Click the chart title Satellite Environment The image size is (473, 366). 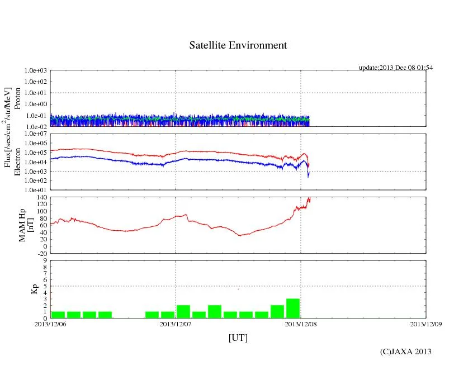(x=238, y=45)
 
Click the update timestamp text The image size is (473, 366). (x=395, y=68)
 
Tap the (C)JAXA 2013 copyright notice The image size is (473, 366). (x=405, y=351)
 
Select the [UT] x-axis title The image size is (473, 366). (x=238, y=338)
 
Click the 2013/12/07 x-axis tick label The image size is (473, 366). (x=176, y=324)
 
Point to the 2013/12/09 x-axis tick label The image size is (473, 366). (x=426, y=324)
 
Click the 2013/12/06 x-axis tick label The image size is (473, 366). (x=50, y=324)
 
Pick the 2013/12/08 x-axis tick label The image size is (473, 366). (x=301, y=324)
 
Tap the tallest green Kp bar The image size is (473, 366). (x=293, y=308)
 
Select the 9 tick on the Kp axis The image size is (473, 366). (x=45, y=260)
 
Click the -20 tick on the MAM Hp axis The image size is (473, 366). (x=40, y=253)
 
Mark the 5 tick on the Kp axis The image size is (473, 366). (x=45, y=286)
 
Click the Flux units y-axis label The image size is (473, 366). (x=8, y=127)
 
